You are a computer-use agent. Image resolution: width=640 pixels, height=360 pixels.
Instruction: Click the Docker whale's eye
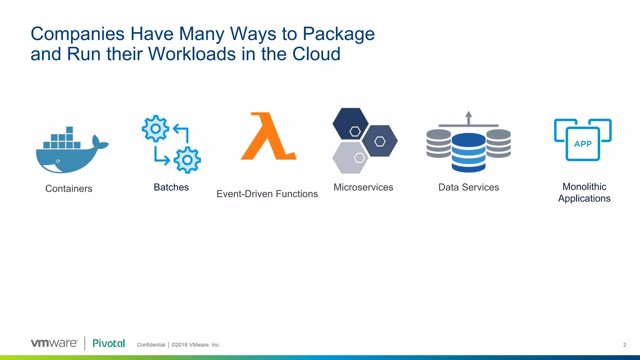tap(58, 161)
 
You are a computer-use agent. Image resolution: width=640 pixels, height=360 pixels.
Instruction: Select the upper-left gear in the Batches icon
tap(155, 128)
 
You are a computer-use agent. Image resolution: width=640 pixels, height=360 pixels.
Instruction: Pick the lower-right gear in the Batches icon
tap(187, 160)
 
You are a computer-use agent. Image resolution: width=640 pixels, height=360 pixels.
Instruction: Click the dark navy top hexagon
tap(351, 124)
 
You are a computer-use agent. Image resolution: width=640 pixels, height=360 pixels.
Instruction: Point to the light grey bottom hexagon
tap(351, 158)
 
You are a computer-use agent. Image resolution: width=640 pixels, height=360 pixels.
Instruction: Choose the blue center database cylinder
tap(468, 153)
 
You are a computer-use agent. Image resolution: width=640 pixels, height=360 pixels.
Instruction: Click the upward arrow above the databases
tap(468, 117)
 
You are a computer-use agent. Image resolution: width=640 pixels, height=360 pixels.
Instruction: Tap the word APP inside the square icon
tap(583, 144)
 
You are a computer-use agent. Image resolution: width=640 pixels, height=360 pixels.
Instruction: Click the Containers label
tap(69, 188)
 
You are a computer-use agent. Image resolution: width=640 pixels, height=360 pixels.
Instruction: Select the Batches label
tap(171, 187)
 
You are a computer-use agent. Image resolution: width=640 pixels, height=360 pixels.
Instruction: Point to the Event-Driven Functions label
tap(267, 194)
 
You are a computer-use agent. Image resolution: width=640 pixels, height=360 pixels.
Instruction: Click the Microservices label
tap(363, 187)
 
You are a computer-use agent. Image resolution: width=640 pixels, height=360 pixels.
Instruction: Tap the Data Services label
tap(468, 187)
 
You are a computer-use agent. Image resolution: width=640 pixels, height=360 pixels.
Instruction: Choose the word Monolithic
tap(584, 187)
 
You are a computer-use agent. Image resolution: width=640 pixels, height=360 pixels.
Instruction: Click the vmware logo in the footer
tap(54, 343)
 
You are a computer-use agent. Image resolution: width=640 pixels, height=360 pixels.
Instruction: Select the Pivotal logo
tap(109, 343)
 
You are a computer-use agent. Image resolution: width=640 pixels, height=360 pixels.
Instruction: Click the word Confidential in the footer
tap(151, 345)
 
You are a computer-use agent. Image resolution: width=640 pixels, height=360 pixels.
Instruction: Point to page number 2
tap(625, 345)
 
